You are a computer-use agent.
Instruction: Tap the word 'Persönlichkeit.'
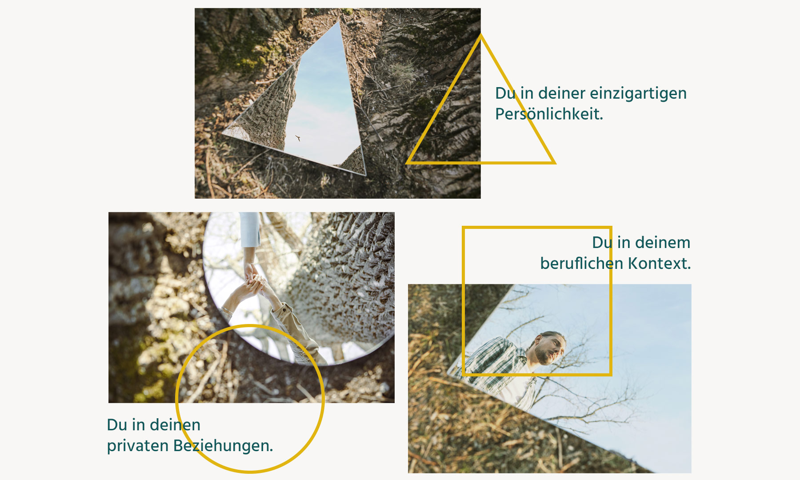pos(549,114)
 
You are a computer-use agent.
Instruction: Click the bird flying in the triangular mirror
pos(298,138)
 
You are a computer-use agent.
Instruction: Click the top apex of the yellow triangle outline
pos(480,35)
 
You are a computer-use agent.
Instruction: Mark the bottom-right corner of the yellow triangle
pos(554,163)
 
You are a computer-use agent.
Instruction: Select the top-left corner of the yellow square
pos(464,228)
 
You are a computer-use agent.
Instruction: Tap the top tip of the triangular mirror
pos(340,22)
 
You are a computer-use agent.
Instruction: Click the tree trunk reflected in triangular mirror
pos(266,111)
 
